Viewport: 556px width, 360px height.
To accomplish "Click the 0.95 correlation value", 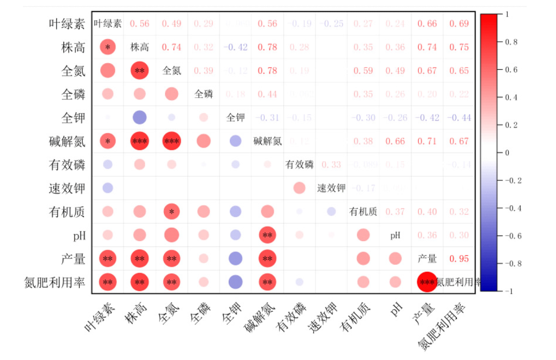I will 459,259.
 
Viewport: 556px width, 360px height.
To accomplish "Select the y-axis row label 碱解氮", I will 67,142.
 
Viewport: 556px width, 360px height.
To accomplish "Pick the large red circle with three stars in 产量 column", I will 427,282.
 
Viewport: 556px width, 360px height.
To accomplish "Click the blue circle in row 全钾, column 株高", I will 140,117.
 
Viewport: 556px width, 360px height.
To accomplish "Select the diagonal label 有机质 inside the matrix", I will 363,212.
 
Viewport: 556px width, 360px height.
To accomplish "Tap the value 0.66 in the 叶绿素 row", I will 427,24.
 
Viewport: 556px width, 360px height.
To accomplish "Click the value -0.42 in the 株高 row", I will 235,47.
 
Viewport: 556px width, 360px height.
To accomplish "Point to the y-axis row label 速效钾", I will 67,189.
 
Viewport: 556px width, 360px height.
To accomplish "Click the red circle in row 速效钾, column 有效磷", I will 299,188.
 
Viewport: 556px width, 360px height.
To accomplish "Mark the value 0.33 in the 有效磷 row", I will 331,164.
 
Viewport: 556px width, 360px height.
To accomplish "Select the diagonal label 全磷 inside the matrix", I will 204,94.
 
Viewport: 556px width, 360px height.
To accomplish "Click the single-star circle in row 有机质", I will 171,212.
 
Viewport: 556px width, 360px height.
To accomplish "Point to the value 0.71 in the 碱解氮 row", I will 427,141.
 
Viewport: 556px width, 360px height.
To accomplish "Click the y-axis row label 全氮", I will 73,71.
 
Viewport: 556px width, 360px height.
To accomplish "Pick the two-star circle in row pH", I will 267,235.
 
